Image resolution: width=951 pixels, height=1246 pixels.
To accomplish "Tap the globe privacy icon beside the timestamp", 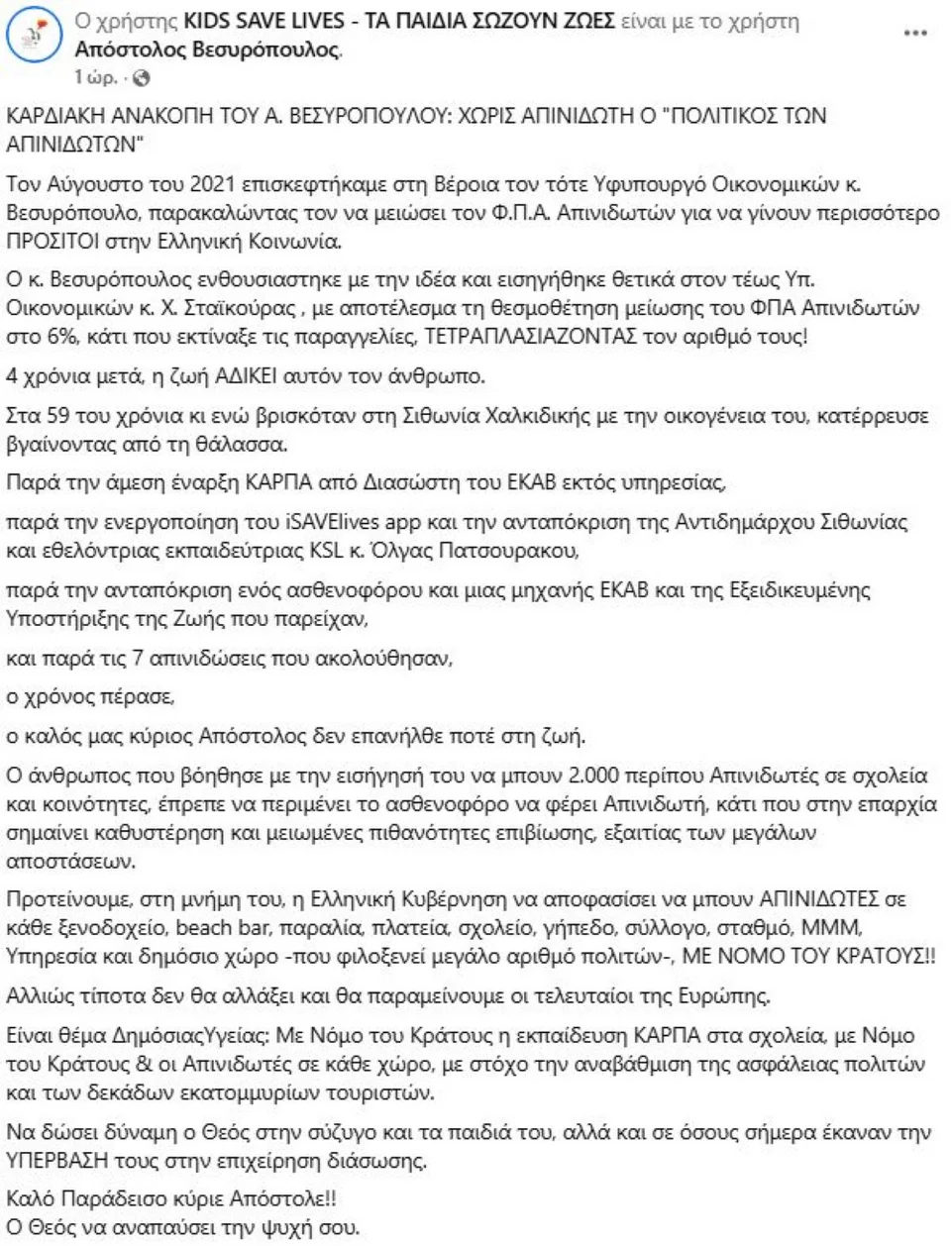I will [142, 78].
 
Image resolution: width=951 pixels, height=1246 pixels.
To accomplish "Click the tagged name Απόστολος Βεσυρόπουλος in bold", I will [207, 50].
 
